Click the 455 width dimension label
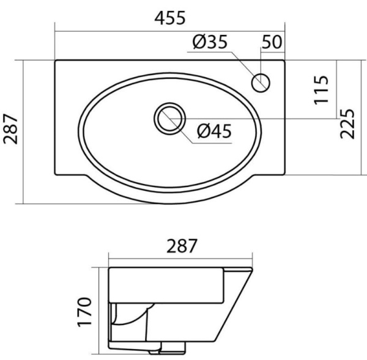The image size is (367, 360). [170, 18]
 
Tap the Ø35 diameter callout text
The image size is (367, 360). [210, 42]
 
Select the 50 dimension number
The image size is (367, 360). [272, 42]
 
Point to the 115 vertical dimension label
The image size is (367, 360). [321, 90]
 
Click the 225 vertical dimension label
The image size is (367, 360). [347, 123]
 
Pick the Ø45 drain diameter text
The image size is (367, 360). [214, 131]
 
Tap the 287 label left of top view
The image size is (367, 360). [10, 129]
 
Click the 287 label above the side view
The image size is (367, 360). [182, 246]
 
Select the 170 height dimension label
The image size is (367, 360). [84, 312]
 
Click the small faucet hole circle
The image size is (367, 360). [261, 83]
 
